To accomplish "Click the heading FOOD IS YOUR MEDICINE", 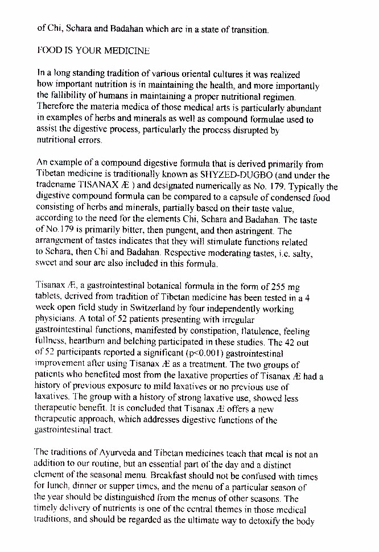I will click(93, 51).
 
